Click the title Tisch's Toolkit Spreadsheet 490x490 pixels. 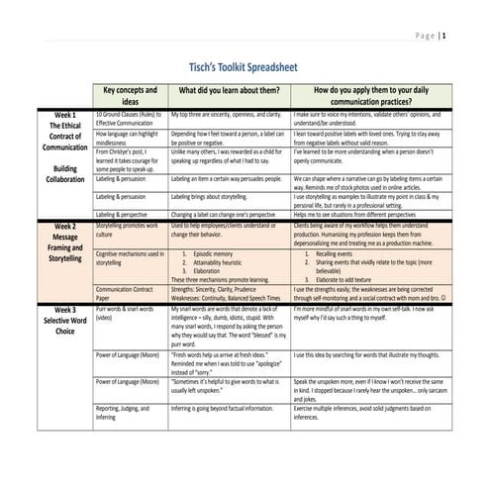tap(245, 61)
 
